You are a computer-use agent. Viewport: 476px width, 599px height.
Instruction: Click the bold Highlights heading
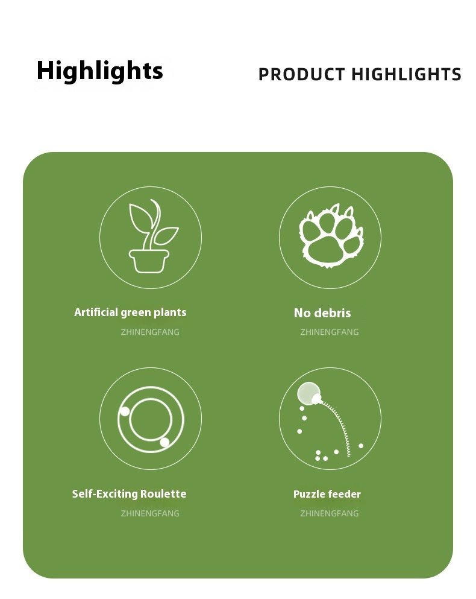coord(99,71)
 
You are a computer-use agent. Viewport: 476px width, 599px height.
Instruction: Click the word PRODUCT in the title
coord(301,74)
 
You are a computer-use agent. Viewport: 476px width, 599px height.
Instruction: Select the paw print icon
coord(331,236)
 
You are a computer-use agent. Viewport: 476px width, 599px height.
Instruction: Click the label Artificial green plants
coord(130,312)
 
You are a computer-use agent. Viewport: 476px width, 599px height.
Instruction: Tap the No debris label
coord(322,313)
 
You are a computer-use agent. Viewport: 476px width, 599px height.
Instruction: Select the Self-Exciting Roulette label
coord(129,493)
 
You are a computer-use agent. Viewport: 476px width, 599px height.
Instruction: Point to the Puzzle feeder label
coord(327,494)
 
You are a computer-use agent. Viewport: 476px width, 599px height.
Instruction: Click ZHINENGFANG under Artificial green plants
coord(150,332)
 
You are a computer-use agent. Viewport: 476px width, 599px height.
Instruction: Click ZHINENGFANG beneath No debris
coord(330,332)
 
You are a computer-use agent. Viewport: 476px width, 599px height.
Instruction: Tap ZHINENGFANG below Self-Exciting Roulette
coord(150,513)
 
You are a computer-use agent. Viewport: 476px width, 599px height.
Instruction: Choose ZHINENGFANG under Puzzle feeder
coord(330,513)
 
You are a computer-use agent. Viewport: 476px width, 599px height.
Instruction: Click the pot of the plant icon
coord(149,261)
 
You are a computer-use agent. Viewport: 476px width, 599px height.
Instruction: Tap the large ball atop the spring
coord(308,393)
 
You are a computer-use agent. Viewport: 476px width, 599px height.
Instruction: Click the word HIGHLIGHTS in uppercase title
coord(406,74)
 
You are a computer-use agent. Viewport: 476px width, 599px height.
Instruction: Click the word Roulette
coord(163,493)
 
